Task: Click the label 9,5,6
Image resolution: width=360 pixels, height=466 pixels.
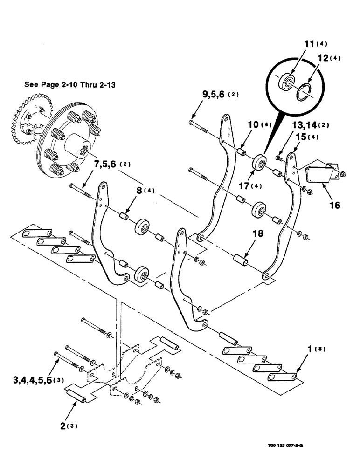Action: pyautogui.click(x=215, y=95)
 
